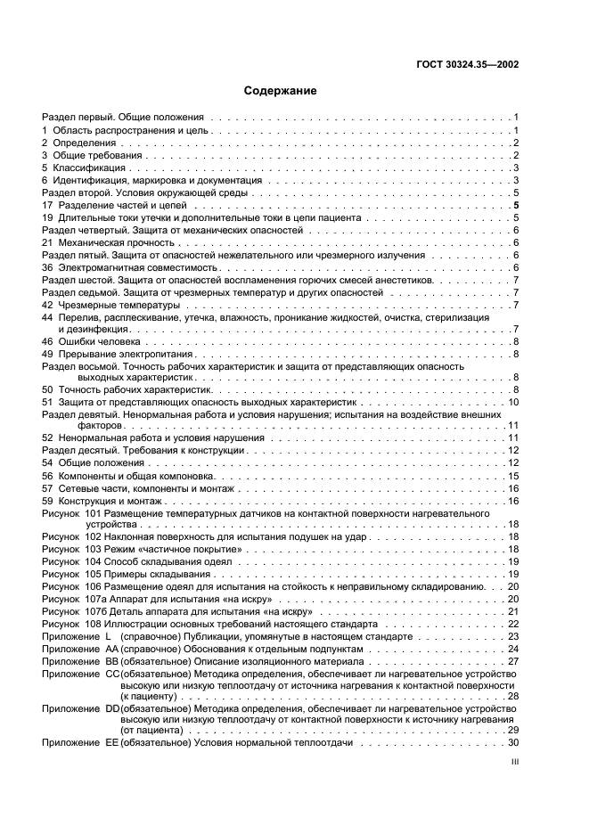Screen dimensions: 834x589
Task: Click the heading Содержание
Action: click(x=280, y=91)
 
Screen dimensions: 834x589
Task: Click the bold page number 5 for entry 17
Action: click(x=516, y=204)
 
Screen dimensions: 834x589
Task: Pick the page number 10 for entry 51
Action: click(x=513, y=402)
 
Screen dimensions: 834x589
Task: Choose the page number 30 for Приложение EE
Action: click(x=513, y=741)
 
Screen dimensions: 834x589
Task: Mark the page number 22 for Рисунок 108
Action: click(x=513, y=624)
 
